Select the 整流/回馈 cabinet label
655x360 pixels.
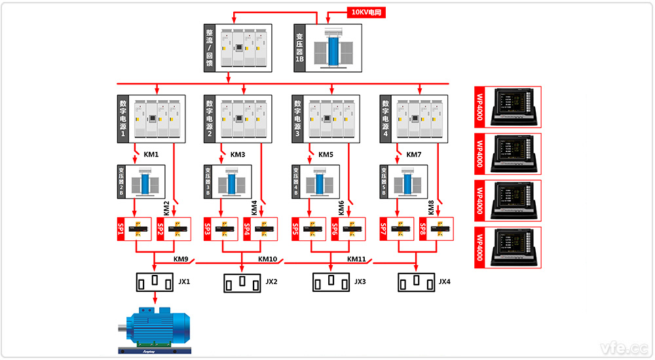(x=210, y=48)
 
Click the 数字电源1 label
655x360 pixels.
(x=122, y=118)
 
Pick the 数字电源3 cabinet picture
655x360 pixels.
(x=333, y=118)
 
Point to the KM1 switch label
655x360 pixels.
(x=151, y=155)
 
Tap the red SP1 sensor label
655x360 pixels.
(x=121, y=229)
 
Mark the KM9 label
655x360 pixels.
(x=181, y=259)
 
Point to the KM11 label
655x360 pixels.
(x=356, y=259)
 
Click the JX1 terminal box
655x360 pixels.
(x=155, y=282)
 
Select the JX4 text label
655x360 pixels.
(x=445, y=282)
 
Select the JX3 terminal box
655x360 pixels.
(x=331, y=282)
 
